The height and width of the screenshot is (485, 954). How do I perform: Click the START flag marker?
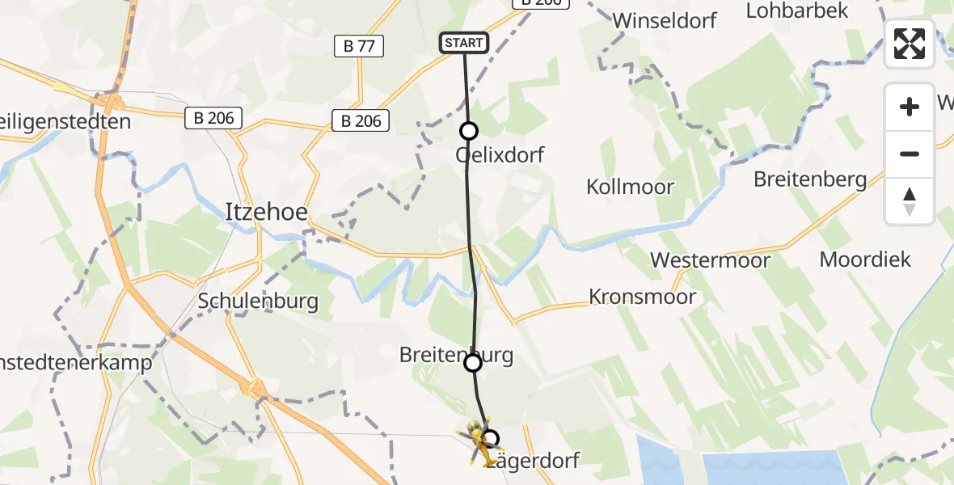[463, 43]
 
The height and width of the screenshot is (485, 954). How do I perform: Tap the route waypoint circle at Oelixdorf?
[468, 131]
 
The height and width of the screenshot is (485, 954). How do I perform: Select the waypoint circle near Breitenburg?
[473, 363]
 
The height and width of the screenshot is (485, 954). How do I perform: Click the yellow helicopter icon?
[479, 442]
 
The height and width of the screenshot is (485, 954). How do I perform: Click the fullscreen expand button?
[910, 44]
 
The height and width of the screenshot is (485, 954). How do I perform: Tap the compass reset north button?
[910, 201]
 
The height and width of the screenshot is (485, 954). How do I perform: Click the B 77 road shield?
[359, 46]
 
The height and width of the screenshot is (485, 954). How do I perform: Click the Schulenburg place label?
[258, 302]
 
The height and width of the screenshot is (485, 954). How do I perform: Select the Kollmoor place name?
[630, 187]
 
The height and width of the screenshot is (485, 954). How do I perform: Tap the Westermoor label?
[711, 260]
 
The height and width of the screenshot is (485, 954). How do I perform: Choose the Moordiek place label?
[865, 259]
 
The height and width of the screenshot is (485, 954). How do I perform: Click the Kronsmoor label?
[642, 297]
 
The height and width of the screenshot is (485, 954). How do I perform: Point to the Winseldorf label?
[665, 20]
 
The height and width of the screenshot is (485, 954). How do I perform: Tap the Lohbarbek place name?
[797, 11]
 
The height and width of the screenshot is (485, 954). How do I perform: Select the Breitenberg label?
[810, 179]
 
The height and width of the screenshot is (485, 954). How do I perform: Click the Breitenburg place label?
[456, 355]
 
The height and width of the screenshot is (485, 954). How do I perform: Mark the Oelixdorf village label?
[500, 154]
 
